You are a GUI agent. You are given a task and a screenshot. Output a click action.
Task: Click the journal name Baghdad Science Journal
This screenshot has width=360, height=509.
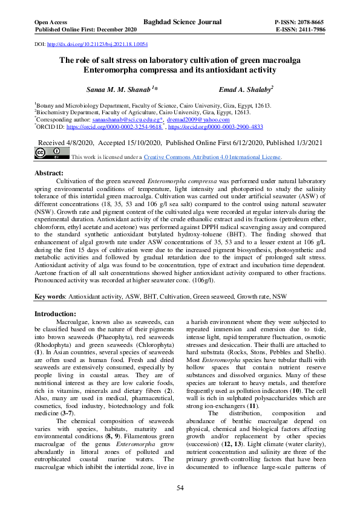182,22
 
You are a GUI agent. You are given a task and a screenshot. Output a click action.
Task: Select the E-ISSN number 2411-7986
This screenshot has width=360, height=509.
309,30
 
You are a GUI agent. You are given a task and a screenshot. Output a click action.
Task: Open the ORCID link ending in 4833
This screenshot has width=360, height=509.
215,128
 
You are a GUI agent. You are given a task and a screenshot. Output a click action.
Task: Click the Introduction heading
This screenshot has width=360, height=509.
55,314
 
